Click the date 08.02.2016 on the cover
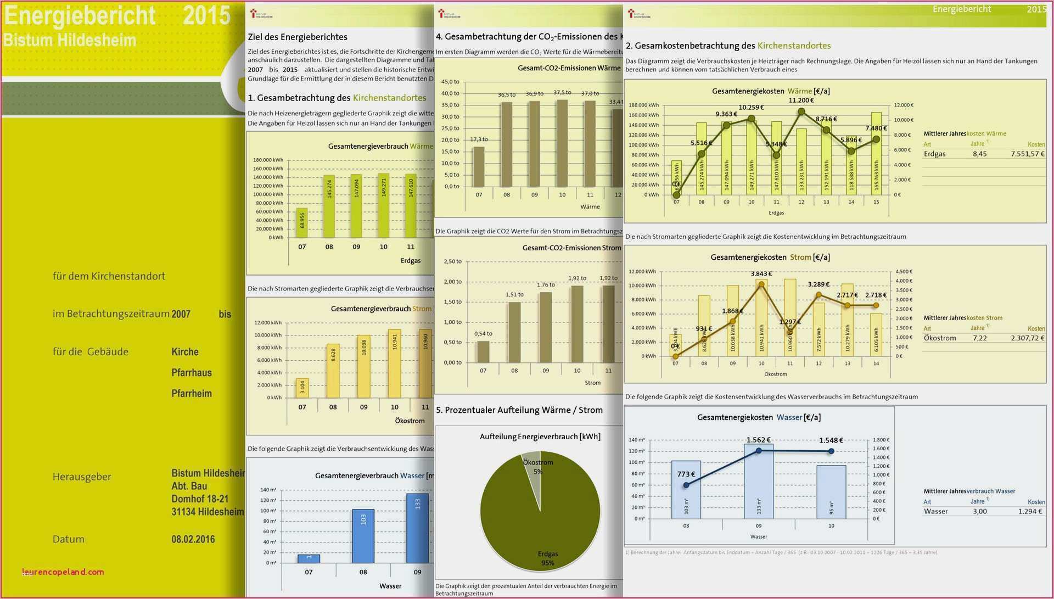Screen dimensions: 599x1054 pyautogui.click(x=193, y=539)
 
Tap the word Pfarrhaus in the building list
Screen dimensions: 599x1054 pyautogui.click(x=192, y=373)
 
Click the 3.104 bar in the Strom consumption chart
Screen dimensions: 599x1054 pyautogui.click(x=302, y=388)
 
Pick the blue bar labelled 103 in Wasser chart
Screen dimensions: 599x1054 pyautogui.click(x=363, y=535)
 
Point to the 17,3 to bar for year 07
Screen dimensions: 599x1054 pyautogui.click(x=479, y=166)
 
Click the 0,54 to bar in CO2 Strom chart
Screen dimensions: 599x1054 pyautogui.click(x=483, y=351)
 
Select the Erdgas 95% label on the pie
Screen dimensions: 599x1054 pyautogui.click(x=548, y=558)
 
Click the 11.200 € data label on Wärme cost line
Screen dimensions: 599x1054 pyautogui.click(x=801, y=100)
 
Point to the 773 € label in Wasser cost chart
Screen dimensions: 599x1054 pyautogui.click(x=686, y=474)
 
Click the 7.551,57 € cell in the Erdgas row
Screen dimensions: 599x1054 pyautogui.click(x=1027, y=154)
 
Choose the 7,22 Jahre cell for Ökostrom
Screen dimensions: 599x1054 pyautogui.click(x=979, y=338)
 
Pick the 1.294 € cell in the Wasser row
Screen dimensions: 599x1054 pyautogui.click(x=1030, y=512)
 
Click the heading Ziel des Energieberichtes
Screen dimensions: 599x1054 pyautogui.click(x=298, y=37)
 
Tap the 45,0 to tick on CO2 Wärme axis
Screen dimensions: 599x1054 pyautogui.click(x=450, y=82)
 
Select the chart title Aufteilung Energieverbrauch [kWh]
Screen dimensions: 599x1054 pyautogui.click(x=540, y=437)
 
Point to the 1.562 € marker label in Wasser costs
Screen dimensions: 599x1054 pyautogui.click(x=758, y=440)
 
